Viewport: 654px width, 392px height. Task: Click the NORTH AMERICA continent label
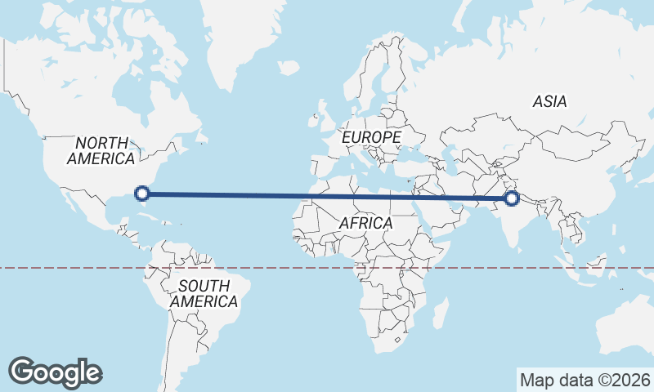click(101, 150)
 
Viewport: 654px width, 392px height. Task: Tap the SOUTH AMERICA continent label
click(204, 293)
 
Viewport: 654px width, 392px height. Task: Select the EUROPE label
click(371, 137)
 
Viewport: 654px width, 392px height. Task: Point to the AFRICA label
click(365, 223)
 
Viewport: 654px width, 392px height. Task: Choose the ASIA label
click(549, 102)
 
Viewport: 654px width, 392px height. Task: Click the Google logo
click(55, 372)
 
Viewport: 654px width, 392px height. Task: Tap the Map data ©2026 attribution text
click(585, 380)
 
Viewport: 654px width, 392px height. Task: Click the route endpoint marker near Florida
click(142, 194)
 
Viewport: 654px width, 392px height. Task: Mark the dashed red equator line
click(82, 267)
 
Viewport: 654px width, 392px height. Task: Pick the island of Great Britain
click(324, 110)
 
